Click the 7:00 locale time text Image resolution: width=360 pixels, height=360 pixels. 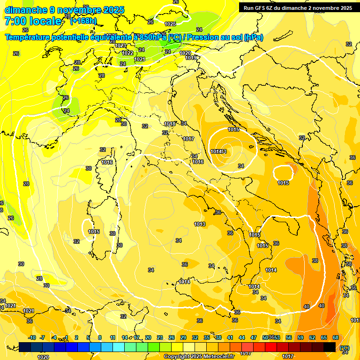[32, 21]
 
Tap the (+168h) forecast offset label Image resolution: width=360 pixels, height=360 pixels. [83, 21]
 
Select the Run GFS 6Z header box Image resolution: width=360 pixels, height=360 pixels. [298, 7]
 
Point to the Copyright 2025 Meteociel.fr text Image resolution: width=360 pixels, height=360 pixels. [199, 356]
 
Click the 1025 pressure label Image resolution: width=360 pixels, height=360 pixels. [170, 23]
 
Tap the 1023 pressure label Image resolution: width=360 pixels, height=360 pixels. [120, 45]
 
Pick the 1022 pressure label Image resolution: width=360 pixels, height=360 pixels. [127, 53]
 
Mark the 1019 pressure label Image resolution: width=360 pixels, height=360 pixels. [190, 58]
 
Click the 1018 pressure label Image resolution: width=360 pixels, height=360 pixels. [170, 124]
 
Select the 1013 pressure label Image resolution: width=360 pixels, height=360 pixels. [200, 224]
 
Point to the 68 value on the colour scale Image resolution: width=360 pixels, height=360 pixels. [336, 337]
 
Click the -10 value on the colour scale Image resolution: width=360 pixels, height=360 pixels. [32, 337]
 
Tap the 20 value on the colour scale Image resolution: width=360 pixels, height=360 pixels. [148, 337]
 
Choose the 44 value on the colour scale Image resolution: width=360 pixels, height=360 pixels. [242, 337]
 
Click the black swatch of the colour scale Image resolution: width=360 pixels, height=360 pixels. [330, 347]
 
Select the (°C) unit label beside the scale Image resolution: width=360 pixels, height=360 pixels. [345, 348]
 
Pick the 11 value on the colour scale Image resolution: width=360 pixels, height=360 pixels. [112, 337]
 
